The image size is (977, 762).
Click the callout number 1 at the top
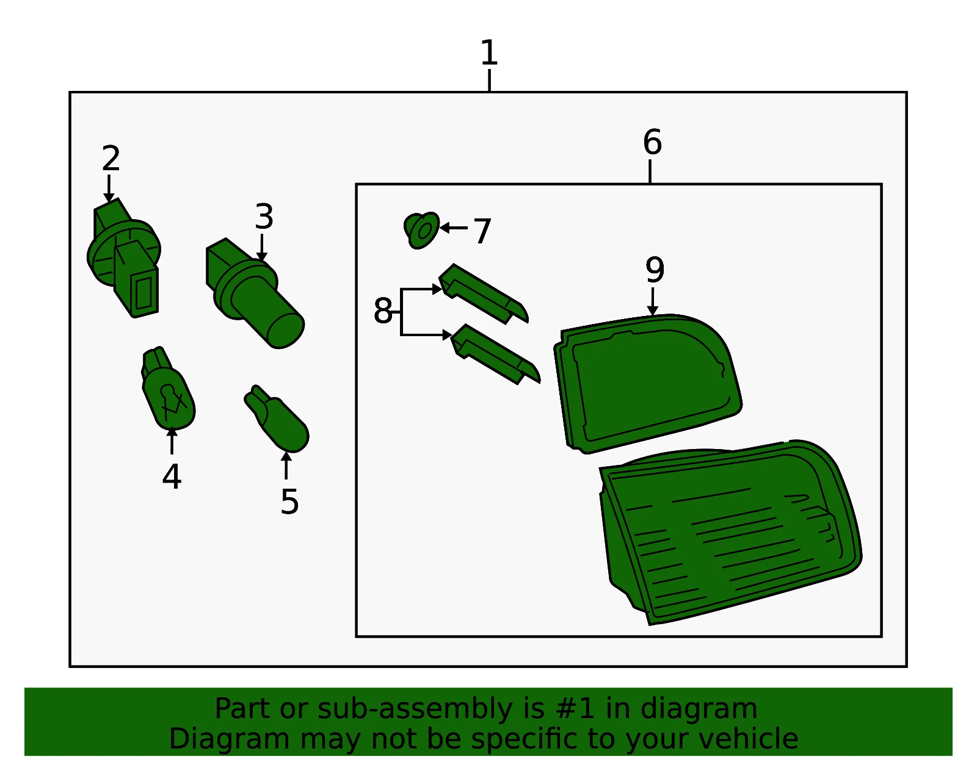coord(488,52)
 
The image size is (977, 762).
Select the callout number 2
coord(111,158)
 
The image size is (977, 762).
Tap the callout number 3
coord(264,217)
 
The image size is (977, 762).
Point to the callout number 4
coord(172,476)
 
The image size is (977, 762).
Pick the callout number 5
coord(289,501)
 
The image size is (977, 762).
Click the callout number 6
coord(652,142)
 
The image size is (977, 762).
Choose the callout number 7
coord(482,231)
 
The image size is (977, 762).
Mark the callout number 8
coord(383,311)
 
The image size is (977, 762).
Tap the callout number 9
coord(655,270)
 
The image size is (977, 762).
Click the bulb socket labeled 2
coord(123,257)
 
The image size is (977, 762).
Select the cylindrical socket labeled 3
coord(255,293)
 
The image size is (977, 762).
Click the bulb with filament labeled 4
coord(168,389)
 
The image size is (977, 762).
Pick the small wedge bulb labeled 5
coord(277,419)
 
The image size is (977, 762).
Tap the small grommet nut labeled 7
coord(421,230)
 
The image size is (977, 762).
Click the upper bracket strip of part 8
coord(484,293)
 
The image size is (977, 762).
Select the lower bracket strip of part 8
coord(495,354)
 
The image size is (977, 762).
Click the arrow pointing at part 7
coord(454,228)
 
